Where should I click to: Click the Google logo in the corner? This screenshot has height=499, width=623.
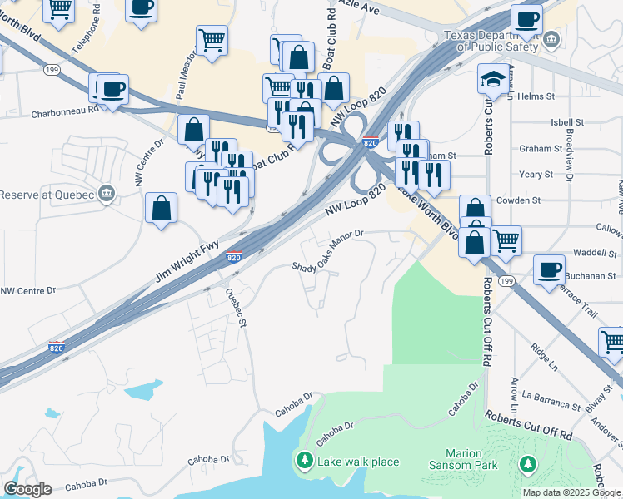[27, 489]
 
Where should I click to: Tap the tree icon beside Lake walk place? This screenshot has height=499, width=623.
[305, 461]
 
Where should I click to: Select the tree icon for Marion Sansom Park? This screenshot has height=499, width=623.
[526, 462]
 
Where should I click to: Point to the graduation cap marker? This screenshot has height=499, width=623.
[491, 80]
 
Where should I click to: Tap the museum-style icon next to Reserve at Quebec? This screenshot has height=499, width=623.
[106, 195]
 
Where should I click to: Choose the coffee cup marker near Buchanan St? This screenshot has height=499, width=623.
[549, 270]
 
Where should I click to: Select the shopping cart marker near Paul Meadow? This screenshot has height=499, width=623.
[212, 38]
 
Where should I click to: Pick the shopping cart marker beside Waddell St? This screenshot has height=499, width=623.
[506, 240]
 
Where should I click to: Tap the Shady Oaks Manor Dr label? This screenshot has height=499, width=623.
[328, 251]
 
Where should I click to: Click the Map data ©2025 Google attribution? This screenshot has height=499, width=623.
[571, 492]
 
